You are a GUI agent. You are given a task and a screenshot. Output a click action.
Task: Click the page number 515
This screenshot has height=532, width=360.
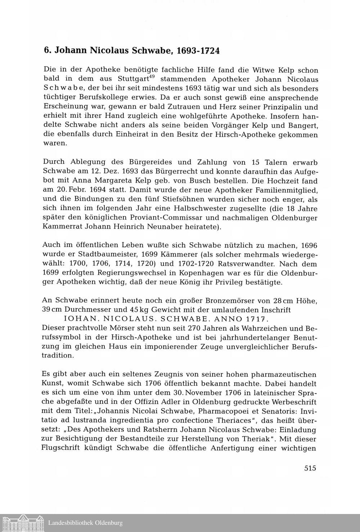point(310,468)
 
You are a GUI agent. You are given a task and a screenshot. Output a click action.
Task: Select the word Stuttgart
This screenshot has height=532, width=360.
point(133,79)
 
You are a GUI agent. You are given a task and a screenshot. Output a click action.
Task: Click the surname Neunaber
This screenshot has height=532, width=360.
point(175,227)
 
